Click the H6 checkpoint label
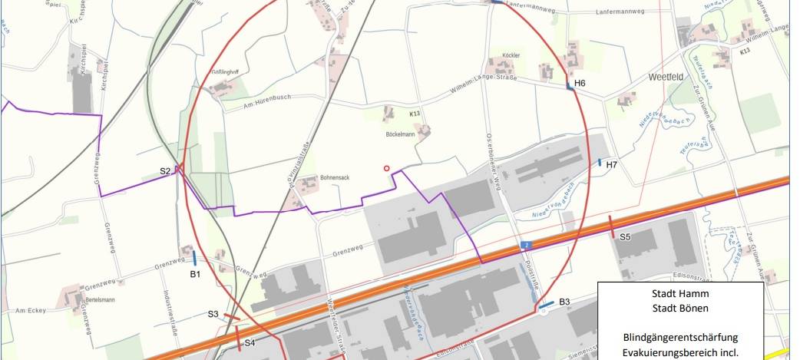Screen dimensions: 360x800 580,83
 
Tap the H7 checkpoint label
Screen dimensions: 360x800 611,165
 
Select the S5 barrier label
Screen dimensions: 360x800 625,237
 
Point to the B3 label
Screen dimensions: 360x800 564,302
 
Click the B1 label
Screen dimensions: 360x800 195,273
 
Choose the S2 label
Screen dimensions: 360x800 165,171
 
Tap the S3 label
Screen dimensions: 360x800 213,314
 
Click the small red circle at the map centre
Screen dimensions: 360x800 387,168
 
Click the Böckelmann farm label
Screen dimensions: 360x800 399,134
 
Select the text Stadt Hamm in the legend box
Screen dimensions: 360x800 679,293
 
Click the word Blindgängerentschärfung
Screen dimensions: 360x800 680,337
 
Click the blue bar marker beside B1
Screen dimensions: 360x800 194,259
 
